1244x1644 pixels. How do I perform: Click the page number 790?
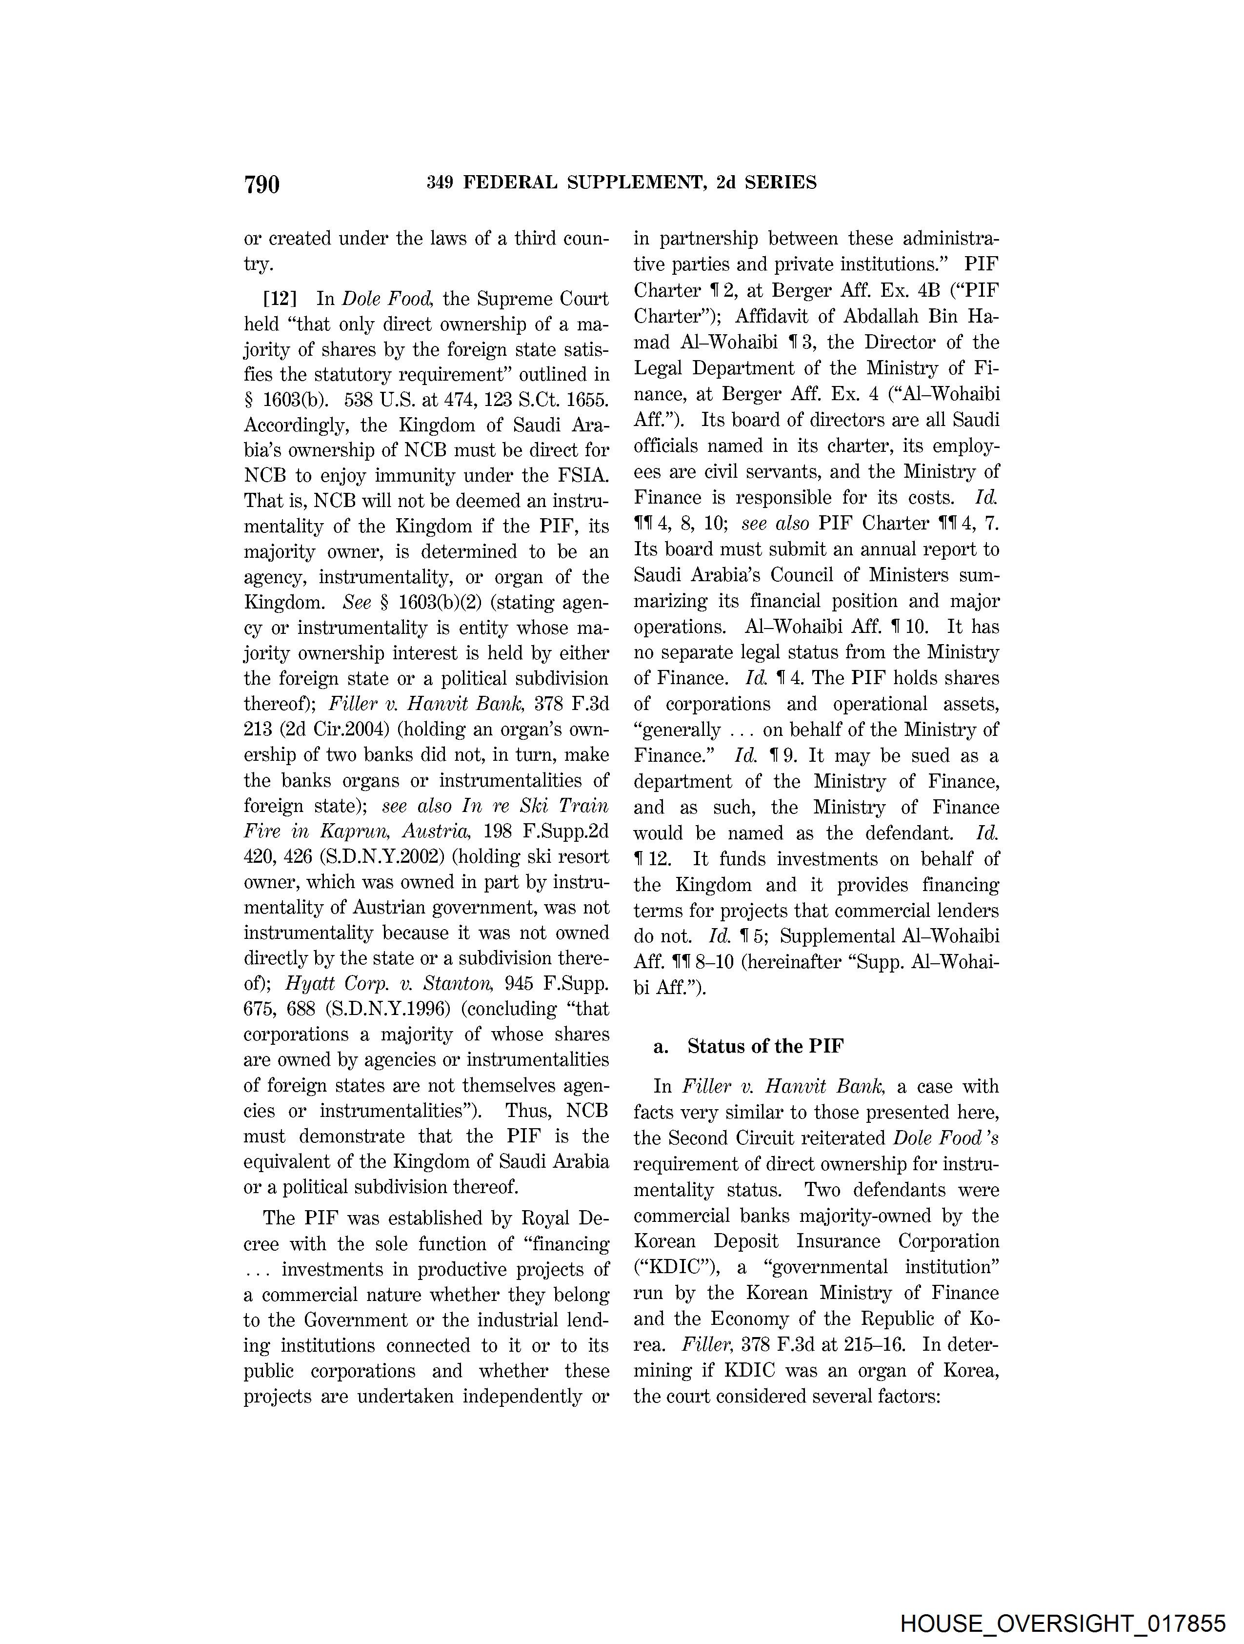point(261,183)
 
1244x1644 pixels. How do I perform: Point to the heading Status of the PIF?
point(765,1046)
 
